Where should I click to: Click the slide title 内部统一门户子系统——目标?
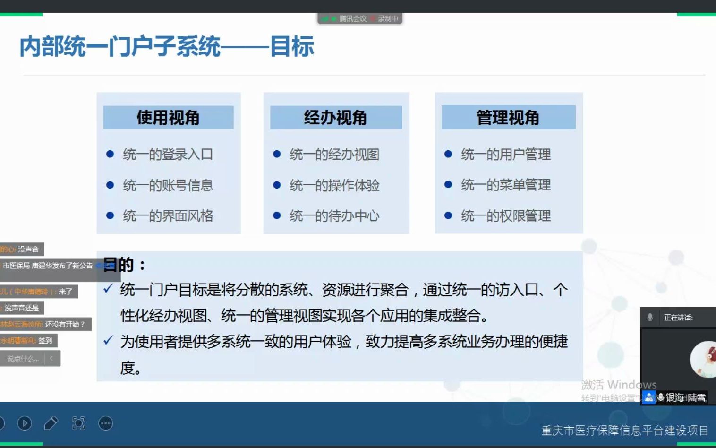(167, 47)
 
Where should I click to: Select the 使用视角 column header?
(168, 117)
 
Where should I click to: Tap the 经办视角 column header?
(335, 117)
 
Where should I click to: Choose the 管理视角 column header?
(508, 117)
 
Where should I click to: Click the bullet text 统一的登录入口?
(168, 155)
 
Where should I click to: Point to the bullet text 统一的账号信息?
(168, 185)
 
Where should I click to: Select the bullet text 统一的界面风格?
(168, 216)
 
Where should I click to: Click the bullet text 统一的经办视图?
(334, 155)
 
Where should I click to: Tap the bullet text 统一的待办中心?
(334, 216)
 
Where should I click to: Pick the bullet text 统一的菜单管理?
(506, 185)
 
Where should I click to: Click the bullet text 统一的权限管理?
(506, 216)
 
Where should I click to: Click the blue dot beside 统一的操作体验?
(277, 185)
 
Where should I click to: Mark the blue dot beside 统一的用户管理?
(448, 154)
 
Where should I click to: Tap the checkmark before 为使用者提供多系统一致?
(108, 340)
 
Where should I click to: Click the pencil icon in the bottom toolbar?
(51, 423)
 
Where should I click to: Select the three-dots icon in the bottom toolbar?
(106, 423)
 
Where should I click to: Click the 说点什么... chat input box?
(23, 359)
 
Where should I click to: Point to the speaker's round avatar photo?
(704, 359)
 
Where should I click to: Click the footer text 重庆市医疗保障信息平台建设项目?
(624, 431)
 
